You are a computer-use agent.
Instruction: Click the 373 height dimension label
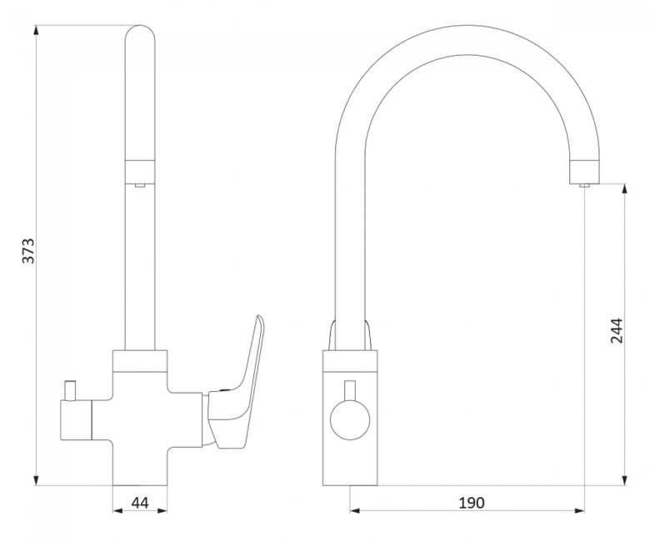28,250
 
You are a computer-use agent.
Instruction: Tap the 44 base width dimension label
140,503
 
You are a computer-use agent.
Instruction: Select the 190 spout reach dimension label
472,503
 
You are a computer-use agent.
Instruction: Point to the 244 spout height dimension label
617,330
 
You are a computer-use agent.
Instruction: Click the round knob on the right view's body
350,419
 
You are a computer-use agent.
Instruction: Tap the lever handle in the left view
238,386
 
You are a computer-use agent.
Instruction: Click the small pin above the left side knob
69,390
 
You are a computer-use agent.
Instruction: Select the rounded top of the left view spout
140,33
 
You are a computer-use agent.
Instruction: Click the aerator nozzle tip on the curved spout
584,185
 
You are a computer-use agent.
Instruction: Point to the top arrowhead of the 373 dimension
37,31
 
